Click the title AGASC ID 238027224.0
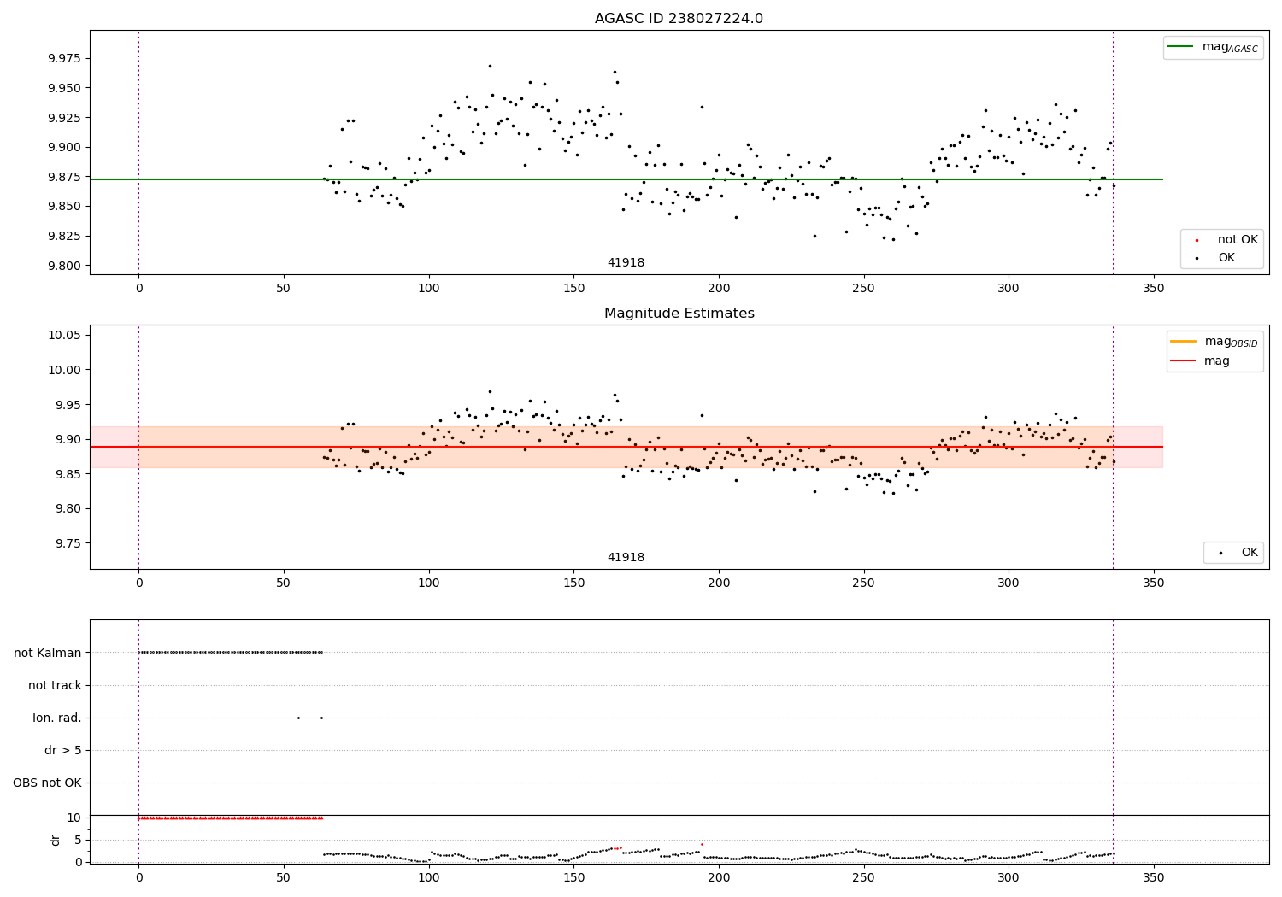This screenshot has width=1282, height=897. [679, 19]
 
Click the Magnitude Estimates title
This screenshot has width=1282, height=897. [679, 314]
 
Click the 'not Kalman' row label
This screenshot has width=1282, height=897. [48, 653]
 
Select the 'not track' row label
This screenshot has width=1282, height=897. [55, 685]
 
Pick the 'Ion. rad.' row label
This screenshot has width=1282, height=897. [57, 718]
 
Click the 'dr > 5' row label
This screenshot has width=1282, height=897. [63, 750]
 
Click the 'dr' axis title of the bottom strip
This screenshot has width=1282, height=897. [56, 840]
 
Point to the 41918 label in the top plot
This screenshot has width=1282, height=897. [626, 263]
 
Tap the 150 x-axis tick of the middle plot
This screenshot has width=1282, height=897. [573, 583]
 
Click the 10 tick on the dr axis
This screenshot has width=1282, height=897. [74, 818]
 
